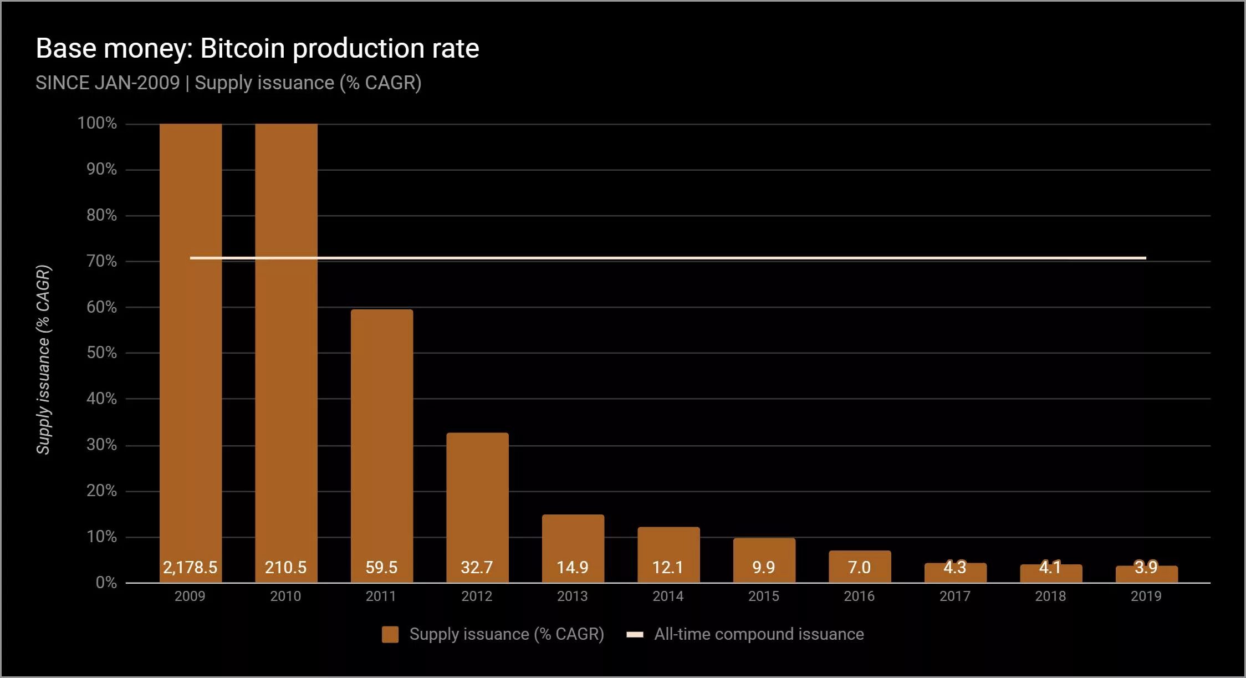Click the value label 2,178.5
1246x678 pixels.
190,567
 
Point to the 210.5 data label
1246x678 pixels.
285,567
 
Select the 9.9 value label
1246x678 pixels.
764,567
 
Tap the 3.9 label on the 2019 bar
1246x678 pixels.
1146,567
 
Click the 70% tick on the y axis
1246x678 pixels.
101,261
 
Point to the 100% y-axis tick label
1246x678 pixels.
97,123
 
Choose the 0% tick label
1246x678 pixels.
106,583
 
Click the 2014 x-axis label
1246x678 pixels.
668,596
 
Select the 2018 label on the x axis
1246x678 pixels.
1050,596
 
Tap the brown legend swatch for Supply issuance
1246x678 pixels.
390,634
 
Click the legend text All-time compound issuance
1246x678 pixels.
759,634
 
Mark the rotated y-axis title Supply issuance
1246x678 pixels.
43,360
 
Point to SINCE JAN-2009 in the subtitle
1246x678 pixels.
108,83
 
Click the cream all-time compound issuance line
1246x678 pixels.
665,258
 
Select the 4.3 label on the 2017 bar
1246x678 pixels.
954,567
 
